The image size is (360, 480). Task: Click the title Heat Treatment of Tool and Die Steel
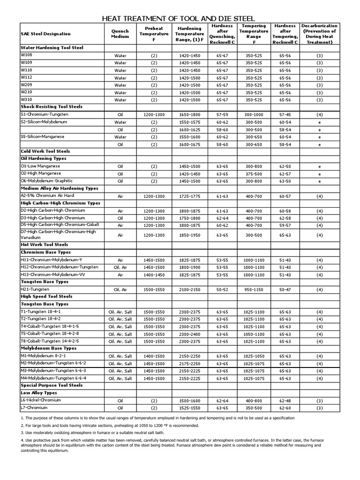coord(180,18)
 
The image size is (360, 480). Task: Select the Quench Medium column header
coord(120,34)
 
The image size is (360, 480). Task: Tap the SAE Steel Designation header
coord(46,34)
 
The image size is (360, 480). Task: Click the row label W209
coord(27,84)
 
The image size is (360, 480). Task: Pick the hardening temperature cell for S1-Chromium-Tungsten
coord(189,114)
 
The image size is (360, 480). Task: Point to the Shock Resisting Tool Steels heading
coord(52,107)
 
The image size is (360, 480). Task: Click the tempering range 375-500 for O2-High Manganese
coord(254,173)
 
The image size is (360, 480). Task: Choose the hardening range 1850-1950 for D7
coord(189,235)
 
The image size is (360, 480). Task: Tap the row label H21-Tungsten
coord(35,289)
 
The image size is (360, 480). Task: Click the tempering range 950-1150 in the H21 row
coord(254,290)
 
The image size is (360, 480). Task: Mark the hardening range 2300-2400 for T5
coord(189,334)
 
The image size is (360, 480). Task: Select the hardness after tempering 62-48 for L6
coord(285,401)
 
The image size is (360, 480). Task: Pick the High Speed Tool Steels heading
coord(46,297)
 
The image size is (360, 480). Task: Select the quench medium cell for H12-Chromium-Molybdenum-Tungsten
coord(120,267)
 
